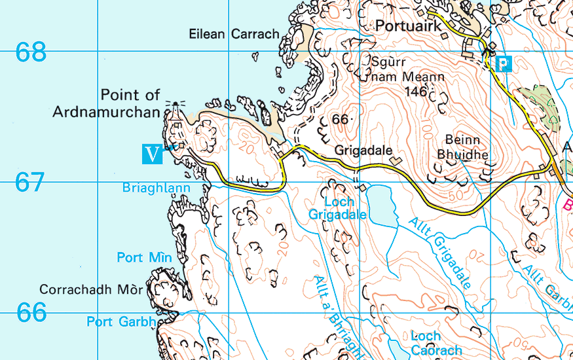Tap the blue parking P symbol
[x=503, y=63]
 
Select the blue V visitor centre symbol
[x=152, y=154]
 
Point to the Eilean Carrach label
[x=234, y=34]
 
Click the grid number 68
[x=31, y=52]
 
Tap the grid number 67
[x=31, y=183]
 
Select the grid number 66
[x=31, y=313]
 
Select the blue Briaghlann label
[x=156, y=189]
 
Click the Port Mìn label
[x=144, y=257]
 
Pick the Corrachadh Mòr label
[x=91, y=289]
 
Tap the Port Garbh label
[x=121, y=322]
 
